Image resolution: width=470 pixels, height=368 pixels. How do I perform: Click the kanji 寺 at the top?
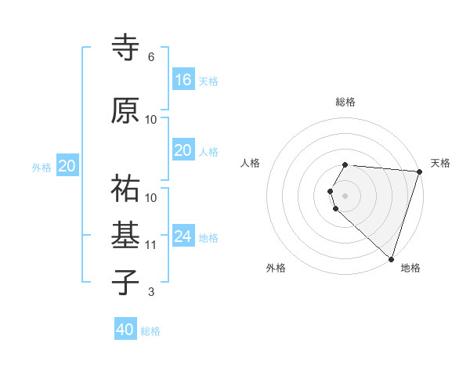pos(125,48)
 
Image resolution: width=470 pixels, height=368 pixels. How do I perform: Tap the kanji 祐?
pos(125,189)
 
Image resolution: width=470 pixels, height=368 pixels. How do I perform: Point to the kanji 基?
pos(125,234)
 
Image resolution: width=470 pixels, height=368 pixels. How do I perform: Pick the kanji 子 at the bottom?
pos(125,282)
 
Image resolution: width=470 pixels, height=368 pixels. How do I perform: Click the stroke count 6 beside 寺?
pos(151,57)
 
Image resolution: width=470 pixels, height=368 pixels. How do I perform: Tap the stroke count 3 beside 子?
pos(151,292)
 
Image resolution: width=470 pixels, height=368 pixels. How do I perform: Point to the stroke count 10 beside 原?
pos(151,120)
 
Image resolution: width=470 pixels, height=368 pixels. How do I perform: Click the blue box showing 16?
pos(183,80)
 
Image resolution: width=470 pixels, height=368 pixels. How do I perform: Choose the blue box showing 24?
pos(183,236)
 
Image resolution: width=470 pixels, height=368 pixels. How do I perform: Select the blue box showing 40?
pos(125,330)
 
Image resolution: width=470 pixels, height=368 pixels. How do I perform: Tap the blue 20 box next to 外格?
pos(67,166)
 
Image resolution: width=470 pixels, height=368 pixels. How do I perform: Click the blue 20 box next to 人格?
pos(183,150)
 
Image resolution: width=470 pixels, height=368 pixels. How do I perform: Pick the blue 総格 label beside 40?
pos(150,331)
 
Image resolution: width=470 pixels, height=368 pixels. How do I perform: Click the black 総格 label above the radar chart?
pos(345,102)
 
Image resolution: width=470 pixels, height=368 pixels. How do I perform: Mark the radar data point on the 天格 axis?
pos(419,171)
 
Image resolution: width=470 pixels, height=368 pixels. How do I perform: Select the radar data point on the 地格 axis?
pos(391,258)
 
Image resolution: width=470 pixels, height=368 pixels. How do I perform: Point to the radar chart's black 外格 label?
pos(276,268)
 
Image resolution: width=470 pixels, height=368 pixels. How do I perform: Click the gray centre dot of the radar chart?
pos(345,194)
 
